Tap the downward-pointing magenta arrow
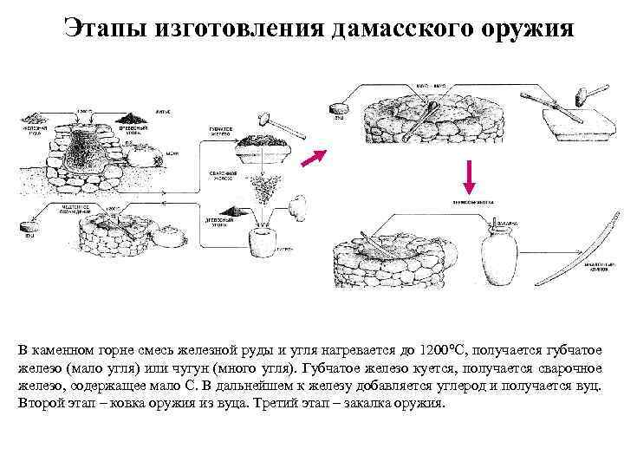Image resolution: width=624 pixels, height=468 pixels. coord(469,176)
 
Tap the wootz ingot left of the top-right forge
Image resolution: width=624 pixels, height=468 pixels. coord(339,108)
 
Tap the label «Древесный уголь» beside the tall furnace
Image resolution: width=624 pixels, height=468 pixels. coord(134,127)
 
